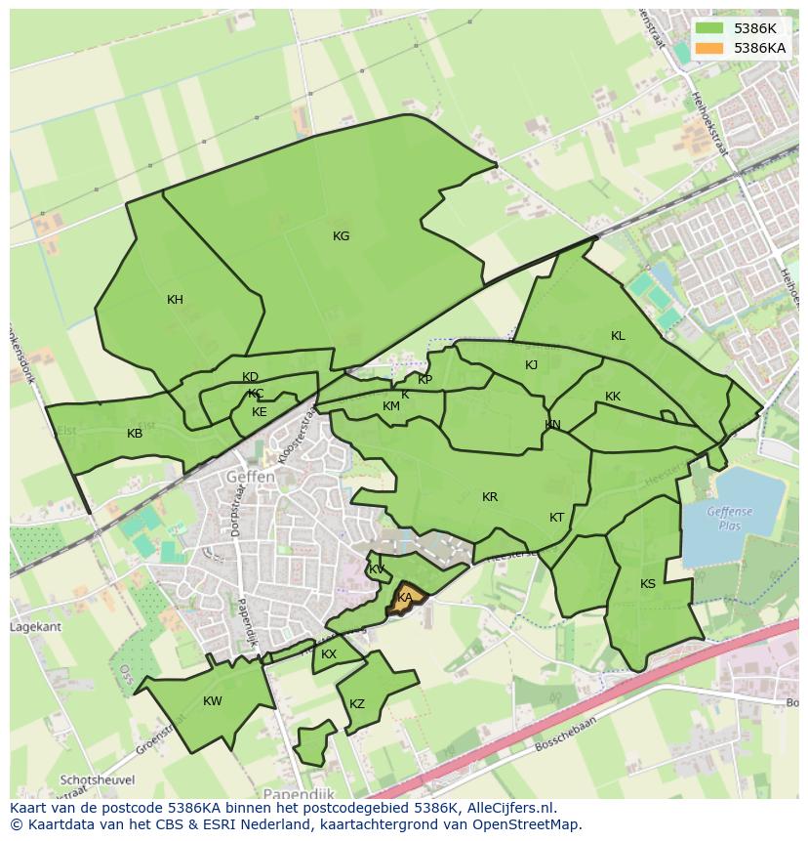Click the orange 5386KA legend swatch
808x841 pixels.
click(709, 48)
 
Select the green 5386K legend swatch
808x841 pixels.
click(709, 28)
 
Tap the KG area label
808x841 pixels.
click(341, 236)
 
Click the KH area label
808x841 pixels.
click(175, 300)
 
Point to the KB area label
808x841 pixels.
click(135, 434)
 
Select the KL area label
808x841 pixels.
click(618, 336)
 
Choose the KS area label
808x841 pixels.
click(648, 584)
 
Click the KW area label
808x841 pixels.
click(213, 701)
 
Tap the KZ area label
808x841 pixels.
click(357, 704)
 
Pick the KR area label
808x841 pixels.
click(490, 497)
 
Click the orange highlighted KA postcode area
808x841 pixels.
click(406, 597)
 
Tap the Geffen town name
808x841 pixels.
click(250, 477)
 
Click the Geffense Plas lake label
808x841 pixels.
click(731, 517)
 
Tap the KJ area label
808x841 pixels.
click(532, 365)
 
